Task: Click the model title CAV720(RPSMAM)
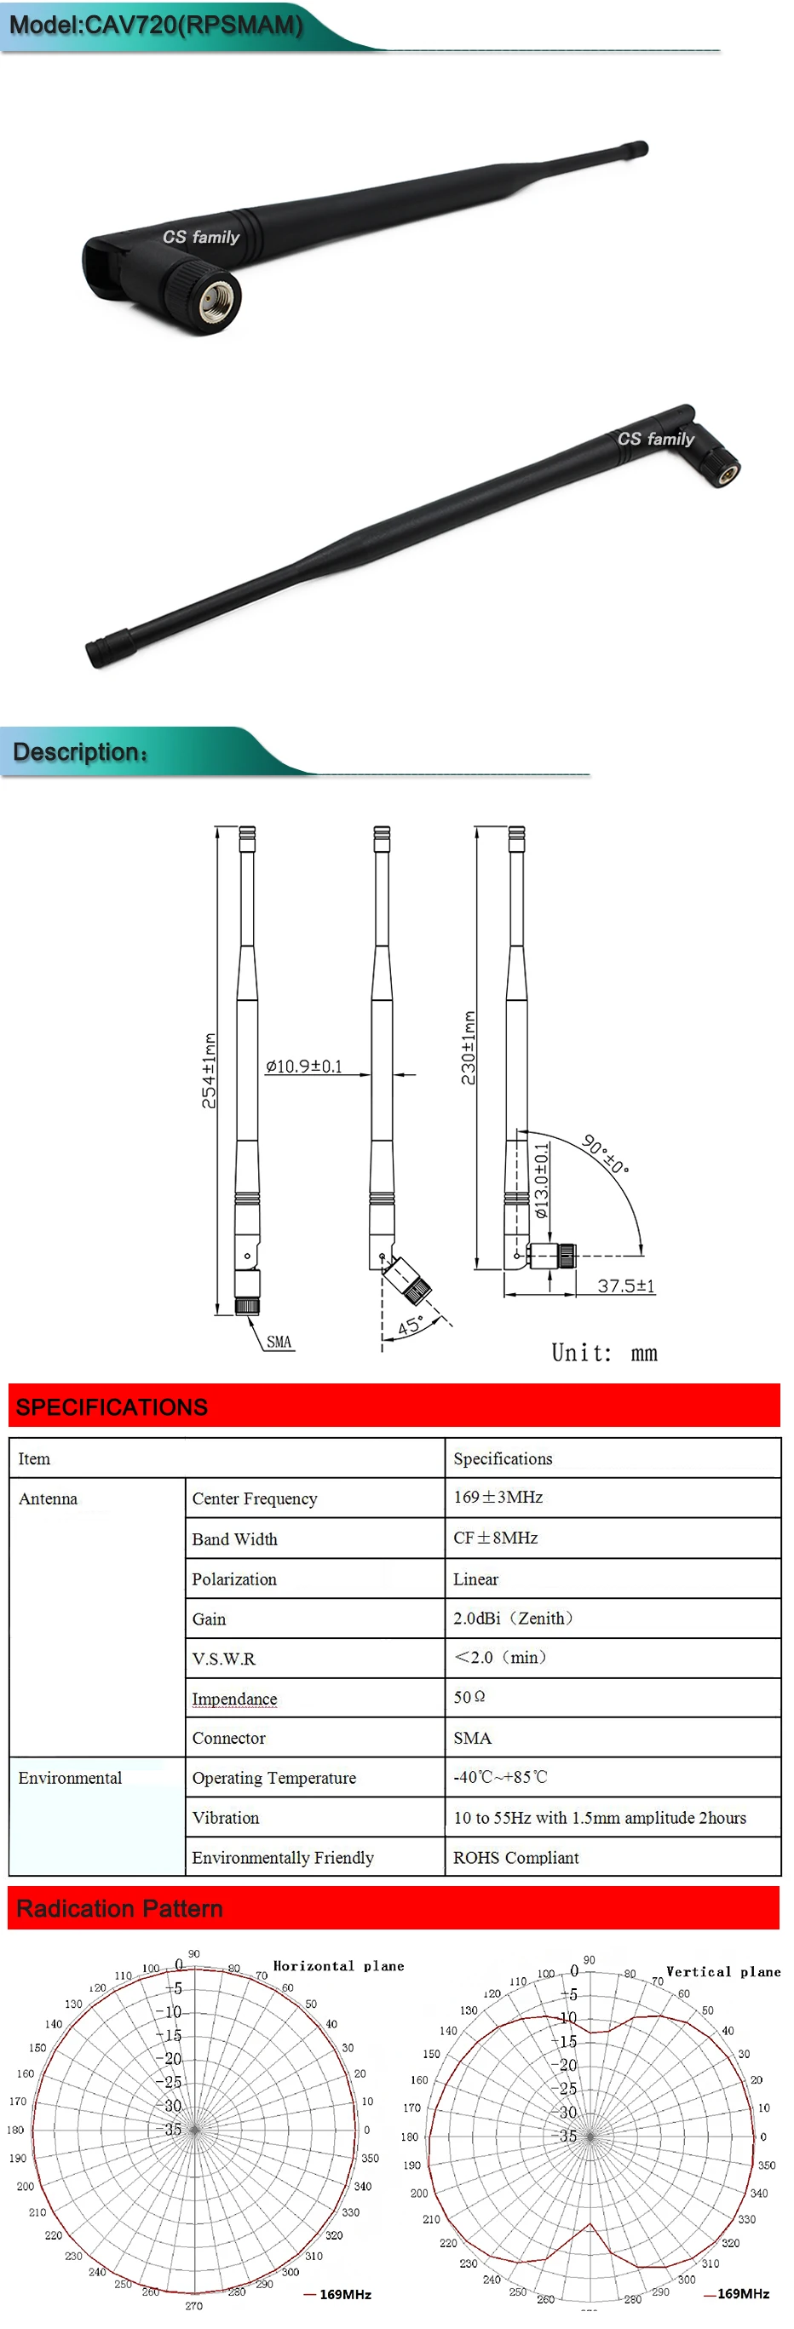(156, 25)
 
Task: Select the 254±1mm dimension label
(209, 1071)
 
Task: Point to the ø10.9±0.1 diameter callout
(304, 1066)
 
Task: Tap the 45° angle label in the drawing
(410, 1326)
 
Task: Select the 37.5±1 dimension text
(626, 1285)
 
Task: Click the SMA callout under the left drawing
(279, 1341)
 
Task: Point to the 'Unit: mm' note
(604, 1353)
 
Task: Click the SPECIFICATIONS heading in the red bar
(112, 1406)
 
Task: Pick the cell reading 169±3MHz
(498, 1498)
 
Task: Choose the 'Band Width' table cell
(234, 1538)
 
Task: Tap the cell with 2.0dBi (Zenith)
(513, 1619)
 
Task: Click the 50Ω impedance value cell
(469, 1697)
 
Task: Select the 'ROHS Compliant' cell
(515, 1857)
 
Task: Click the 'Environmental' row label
(70, 1778)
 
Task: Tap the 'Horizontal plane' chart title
(338, 1966)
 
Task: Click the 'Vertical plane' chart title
(722, 1972)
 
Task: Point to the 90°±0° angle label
(605, 1153)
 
